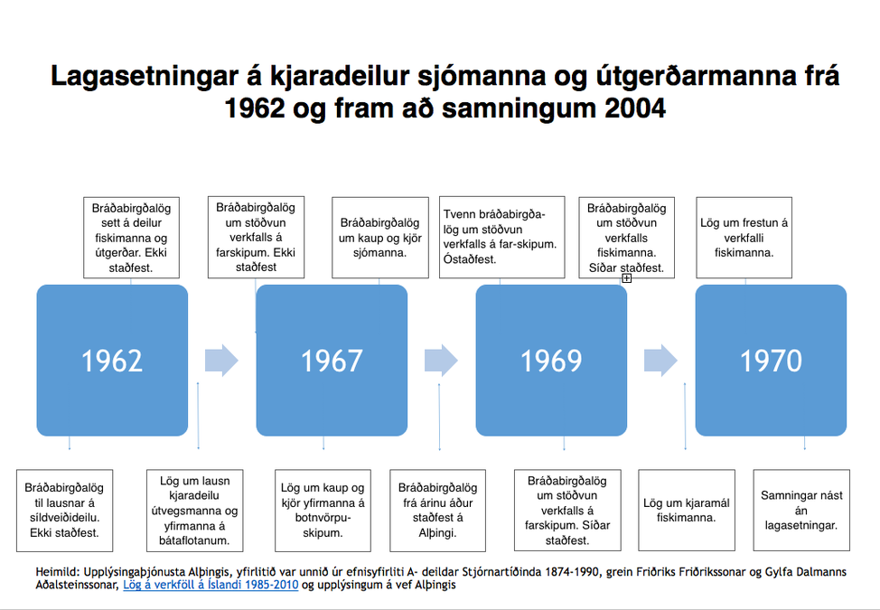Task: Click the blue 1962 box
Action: coord(112,360)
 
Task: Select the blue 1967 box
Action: coord(332,360)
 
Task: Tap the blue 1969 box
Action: coord(551,360)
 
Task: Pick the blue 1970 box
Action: coord(771,360)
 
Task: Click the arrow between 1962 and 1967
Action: coord(221,360)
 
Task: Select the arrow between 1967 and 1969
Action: coord(441,360)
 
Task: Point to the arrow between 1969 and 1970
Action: coord(660,360)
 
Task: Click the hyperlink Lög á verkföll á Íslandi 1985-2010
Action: coord(209,585)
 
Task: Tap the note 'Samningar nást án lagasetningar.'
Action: coord(801,510)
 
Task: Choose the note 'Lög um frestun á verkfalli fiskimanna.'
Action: coord(744,238)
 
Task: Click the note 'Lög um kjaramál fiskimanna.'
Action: coord(679,510)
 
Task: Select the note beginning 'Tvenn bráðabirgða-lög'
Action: coord(501,238)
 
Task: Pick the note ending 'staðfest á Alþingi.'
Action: coord(437,510)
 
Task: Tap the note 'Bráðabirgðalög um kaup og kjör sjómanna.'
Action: coord(379,238)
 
